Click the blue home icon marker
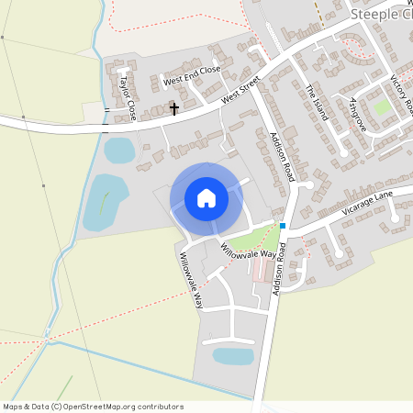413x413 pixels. (x=206, y=198)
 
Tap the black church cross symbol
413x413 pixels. (x=174, y=109)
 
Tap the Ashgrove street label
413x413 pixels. (x=357, y=114)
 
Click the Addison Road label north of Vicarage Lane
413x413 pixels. (x=280, y=156)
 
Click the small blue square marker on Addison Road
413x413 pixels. (x=283, y=226)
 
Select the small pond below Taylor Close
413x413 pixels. (x=119, y=150)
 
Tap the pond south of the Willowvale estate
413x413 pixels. (x=233, y=355)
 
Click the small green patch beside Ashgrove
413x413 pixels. (x=382, y=107)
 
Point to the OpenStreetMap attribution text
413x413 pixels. (x=93, y=407)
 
